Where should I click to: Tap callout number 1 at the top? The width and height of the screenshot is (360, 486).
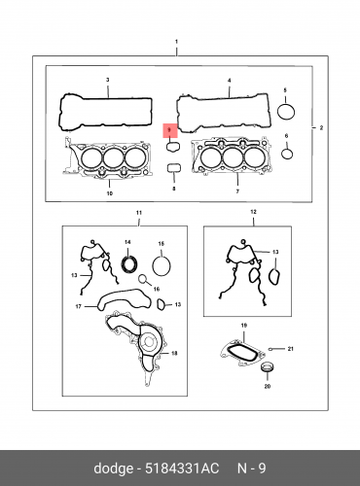pyautogui.click(x=176, y=43)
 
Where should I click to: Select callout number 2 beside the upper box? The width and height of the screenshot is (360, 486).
pyautogui.click(x=322, y=128)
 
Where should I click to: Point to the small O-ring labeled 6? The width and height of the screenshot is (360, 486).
pyautogui.click(x=287, y=153)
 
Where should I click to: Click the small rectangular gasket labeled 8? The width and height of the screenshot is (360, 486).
pyautogui.click(x=174, y=168)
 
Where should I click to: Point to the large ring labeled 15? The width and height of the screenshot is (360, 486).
pyautogui.click(x=162, y=264)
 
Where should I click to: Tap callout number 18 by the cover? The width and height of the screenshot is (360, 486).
pyautogui.click(x=174, y=353)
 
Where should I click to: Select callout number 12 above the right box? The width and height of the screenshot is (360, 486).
pyautogui.click(x=253, y=211)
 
